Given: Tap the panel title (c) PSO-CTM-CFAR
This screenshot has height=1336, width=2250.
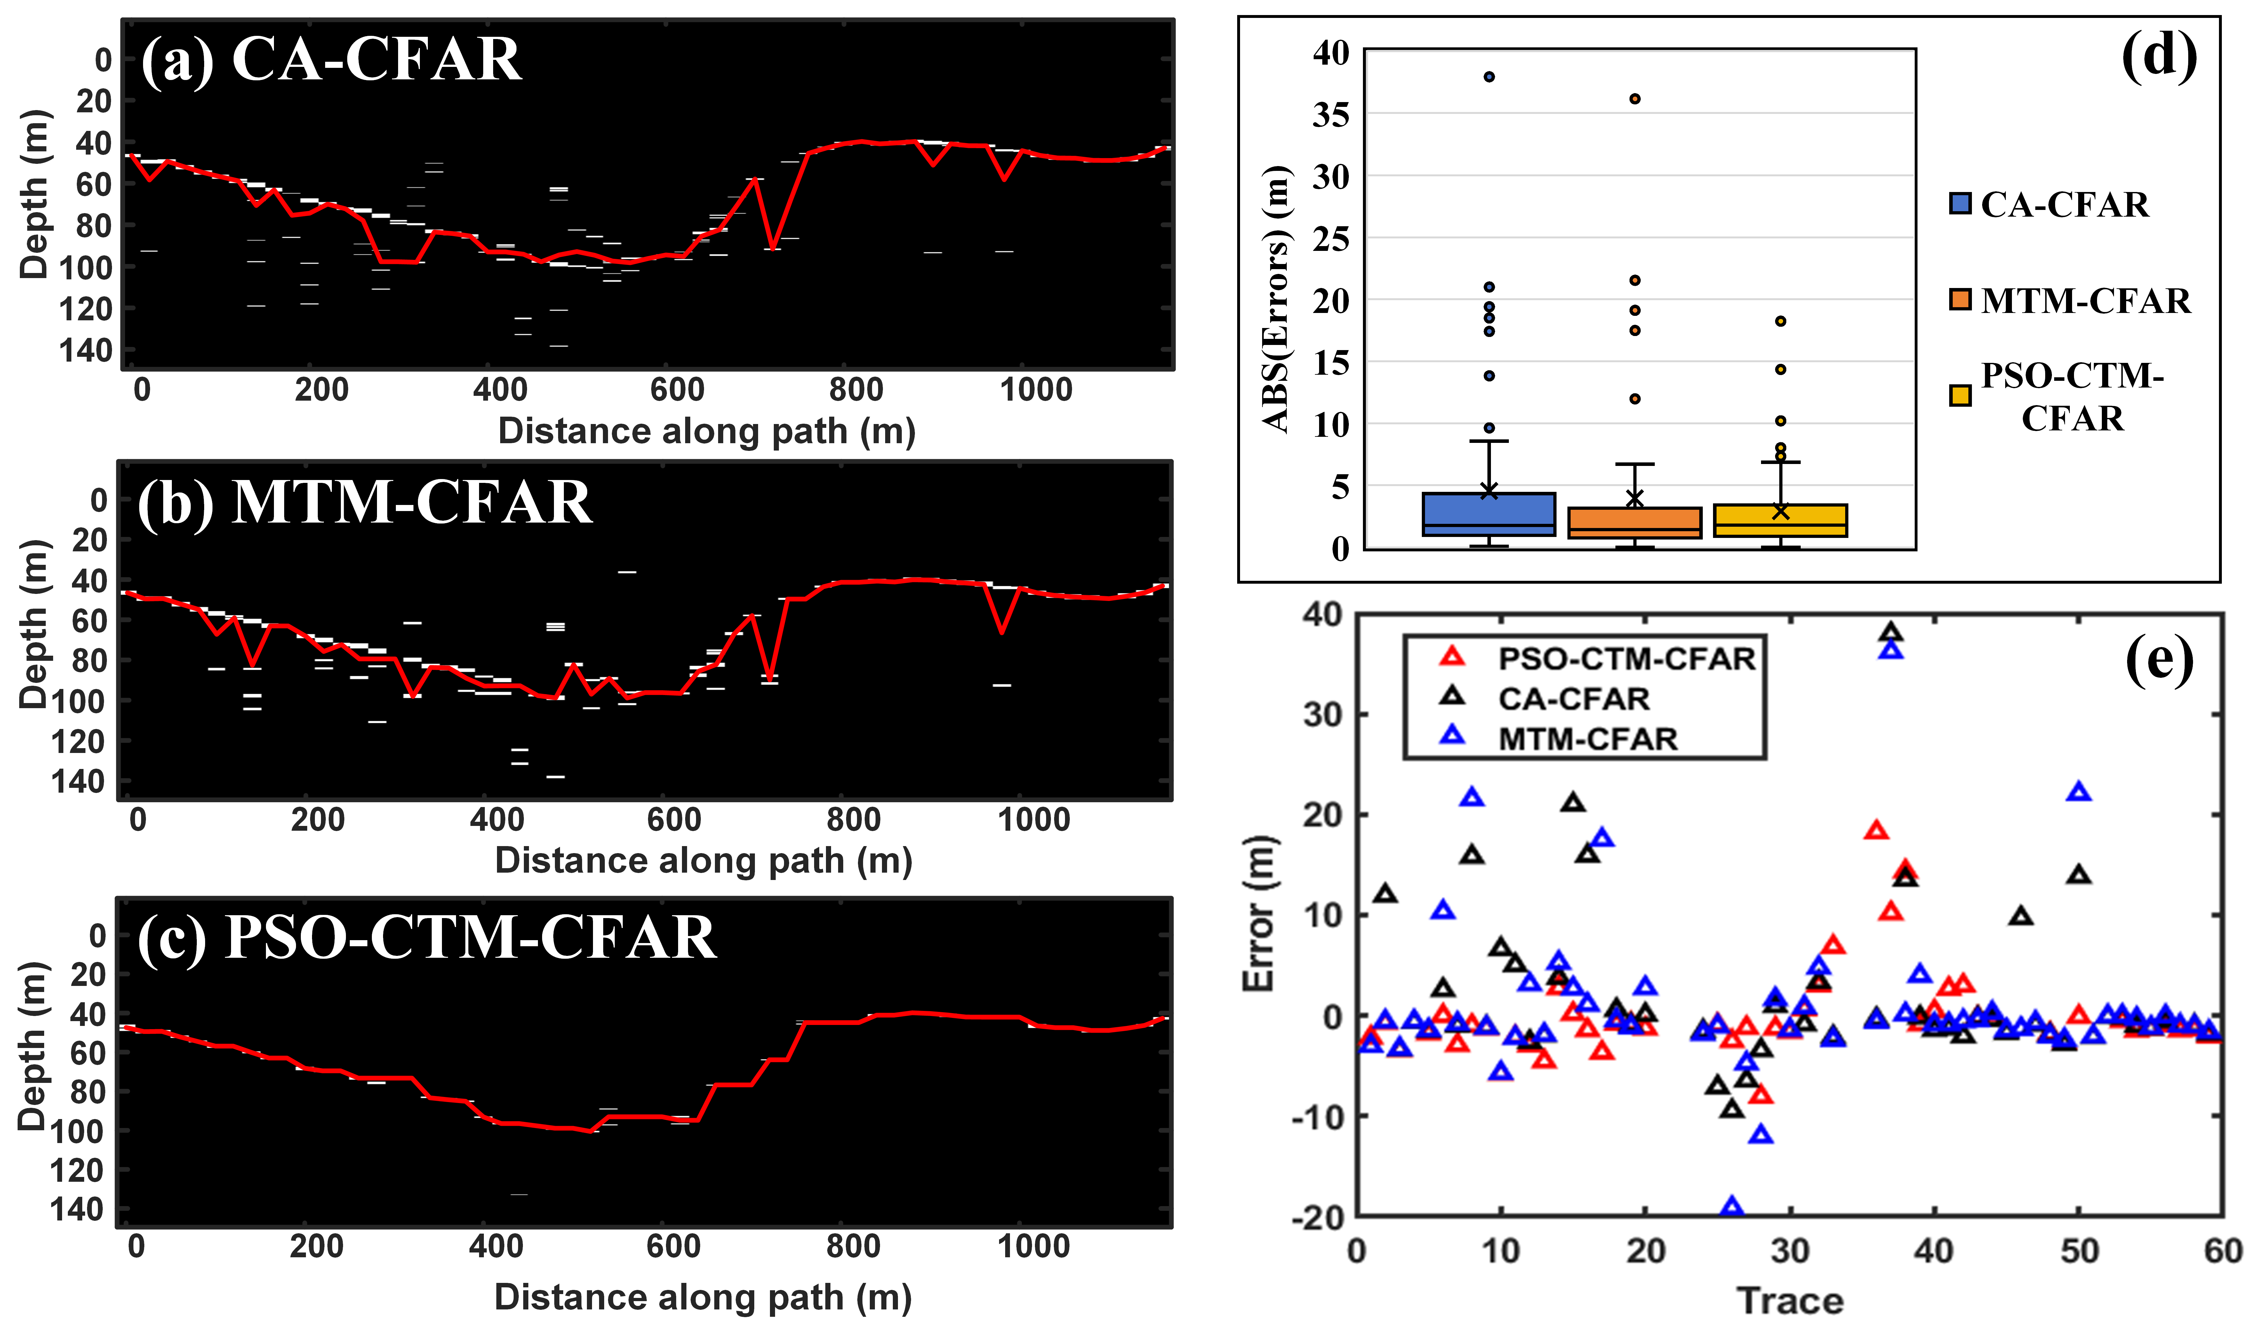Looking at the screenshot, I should point(427,938).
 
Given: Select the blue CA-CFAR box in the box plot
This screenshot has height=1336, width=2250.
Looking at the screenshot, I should point(1489,514).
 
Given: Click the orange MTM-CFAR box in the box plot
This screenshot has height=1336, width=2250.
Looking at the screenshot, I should point(1634,522).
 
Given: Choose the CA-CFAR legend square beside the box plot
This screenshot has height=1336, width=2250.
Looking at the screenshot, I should point(1960,204).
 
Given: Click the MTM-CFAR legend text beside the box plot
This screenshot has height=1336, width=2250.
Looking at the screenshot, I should point(2085,301).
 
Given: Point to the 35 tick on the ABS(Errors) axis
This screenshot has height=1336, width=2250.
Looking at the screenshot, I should point(1331,115).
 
